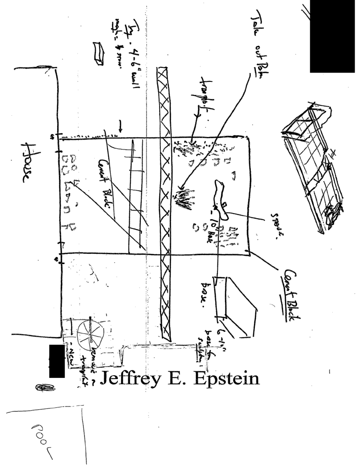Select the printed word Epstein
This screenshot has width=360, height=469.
point(221,378)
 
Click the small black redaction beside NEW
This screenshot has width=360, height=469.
point(57,361)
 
